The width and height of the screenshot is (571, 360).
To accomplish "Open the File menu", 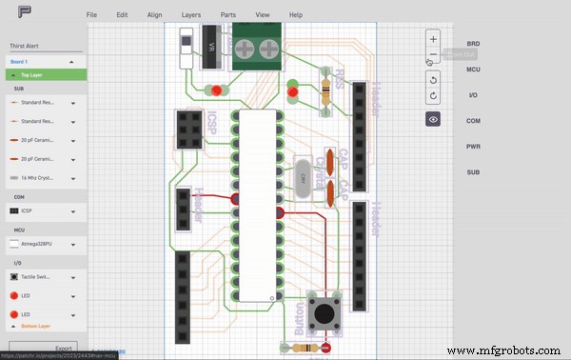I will coord(91,15).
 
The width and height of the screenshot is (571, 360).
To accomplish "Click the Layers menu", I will coord(190,15).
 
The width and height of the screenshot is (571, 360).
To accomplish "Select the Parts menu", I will coord(228,15).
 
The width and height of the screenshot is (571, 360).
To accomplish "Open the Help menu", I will coord(296,15).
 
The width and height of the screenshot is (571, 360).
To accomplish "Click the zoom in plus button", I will coord(433,39).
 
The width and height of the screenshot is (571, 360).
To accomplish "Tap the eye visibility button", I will coord(433,119).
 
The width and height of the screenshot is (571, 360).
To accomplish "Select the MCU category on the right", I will coord(473,70).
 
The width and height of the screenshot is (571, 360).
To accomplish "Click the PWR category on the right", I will coord(473,147).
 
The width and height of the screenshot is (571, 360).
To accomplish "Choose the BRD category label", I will coord(473,44).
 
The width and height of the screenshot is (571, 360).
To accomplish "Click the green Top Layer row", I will coord(43,73).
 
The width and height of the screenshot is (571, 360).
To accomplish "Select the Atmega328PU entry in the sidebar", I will coord(43,245).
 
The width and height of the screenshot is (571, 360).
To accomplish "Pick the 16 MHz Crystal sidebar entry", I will coord(43,177).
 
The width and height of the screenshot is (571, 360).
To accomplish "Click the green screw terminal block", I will coord(252,44).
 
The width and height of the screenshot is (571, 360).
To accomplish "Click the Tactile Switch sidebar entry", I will coord(43,276).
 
